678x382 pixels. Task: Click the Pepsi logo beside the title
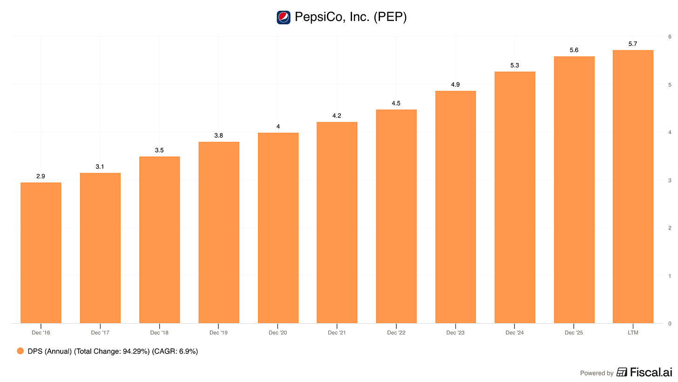[x=283, y=17]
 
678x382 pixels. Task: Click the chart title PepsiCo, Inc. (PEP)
[x=351, y=17]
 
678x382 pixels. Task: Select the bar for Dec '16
[x=41, y=253]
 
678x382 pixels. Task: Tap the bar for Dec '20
[x=278, y=228]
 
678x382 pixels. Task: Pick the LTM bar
[x=633, y=187]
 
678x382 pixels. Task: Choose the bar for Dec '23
[x=455, y=207]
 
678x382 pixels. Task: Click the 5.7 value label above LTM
[x=632, y=44]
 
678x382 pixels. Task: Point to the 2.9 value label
[x=41, y=176]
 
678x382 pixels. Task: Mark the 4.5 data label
[x=396, y=104]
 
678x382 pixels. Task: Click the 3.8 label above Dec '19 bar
[x=218, y=136]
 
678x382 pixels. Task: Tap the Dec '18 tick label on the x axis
[x=159, y=333]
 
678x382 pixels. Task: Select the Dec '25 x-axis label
[x=574, y=333]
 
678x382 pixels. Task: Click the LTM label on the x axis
[x=633, y=333]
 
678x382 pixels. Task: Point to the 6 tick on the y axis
[x=670, y=37]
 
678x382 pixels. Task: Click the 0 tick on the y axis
[x=670, y=324]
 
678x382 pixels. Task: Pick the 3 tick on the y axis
[x=670, y=181]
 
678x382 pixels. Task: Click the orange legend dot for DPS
[x=20, y=351]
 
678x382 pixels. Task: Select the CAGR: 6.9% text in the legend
[x=175, y=351]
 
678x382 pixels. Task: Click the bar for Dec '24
[x=515, y=197]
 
